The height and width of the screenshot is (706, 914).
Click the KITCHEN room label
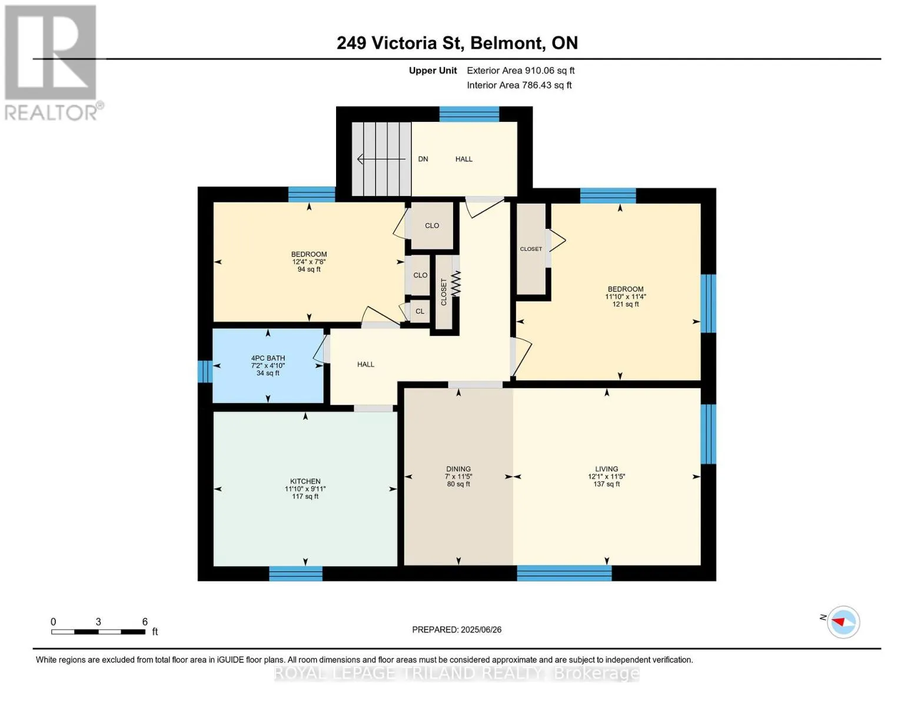(x=305, y=481)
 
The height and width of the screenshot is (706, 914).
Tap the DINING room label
(x=458, y=469)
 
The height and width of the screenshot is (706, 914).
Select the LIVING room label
(x=607, y=469)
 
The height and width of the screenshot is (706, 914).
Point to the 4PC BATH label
(x=268, y=358)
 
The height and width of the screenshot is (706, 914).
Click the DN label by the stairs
(x=423, y=159)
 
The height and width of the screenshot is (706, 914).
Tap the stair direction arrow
(x=381, y=159)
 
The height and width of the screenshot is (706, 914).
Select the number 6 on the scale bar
(x=145, y=621)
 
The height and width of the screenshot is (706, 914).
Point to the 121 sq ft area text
(x=626, y=304)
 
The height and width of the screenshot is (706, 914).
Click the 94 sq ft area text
(x=309, y=269)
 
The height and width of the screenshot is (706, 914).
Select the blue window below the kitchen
(x=295, y=574)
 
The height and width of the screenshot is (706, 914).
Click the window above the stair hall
(x=470, y=114)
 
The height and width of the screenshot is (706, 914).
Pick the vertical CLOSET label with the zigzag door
(x=443, y=292)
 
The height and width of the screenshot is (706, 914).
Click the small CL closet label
(x=420, y=311)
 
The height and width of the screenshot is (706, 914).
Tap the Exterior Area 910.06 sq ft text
(x=521, y=71)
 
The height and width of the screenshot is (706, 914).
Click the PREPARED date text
(x=457, y=630)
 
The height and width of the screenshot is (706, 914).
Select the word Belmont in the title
(x=506, y=43)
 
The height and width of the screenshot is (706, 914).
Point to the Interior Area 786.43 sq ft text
(x=520, y=85)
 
